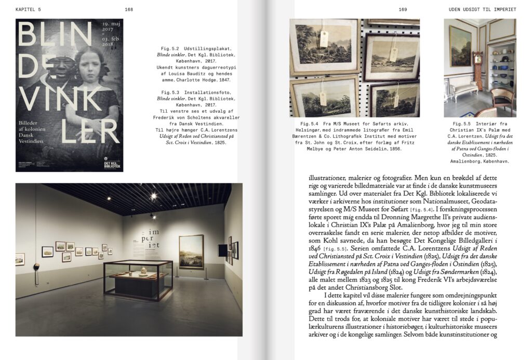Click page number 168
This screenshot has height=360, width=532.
(x=129, y=9)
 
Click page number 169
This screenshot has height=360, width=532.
(x=403, y=9)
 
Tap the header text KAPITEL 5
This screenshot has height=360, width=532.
(x=29, y=9)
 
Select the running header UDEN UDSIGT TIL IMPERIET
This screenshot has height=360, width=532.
(x=482, y=9)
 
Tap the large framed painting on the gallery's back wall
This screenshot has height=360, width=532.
(x=191, y=251)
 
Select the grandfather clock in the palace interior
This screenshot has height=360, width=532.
(x=478, y=70)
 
